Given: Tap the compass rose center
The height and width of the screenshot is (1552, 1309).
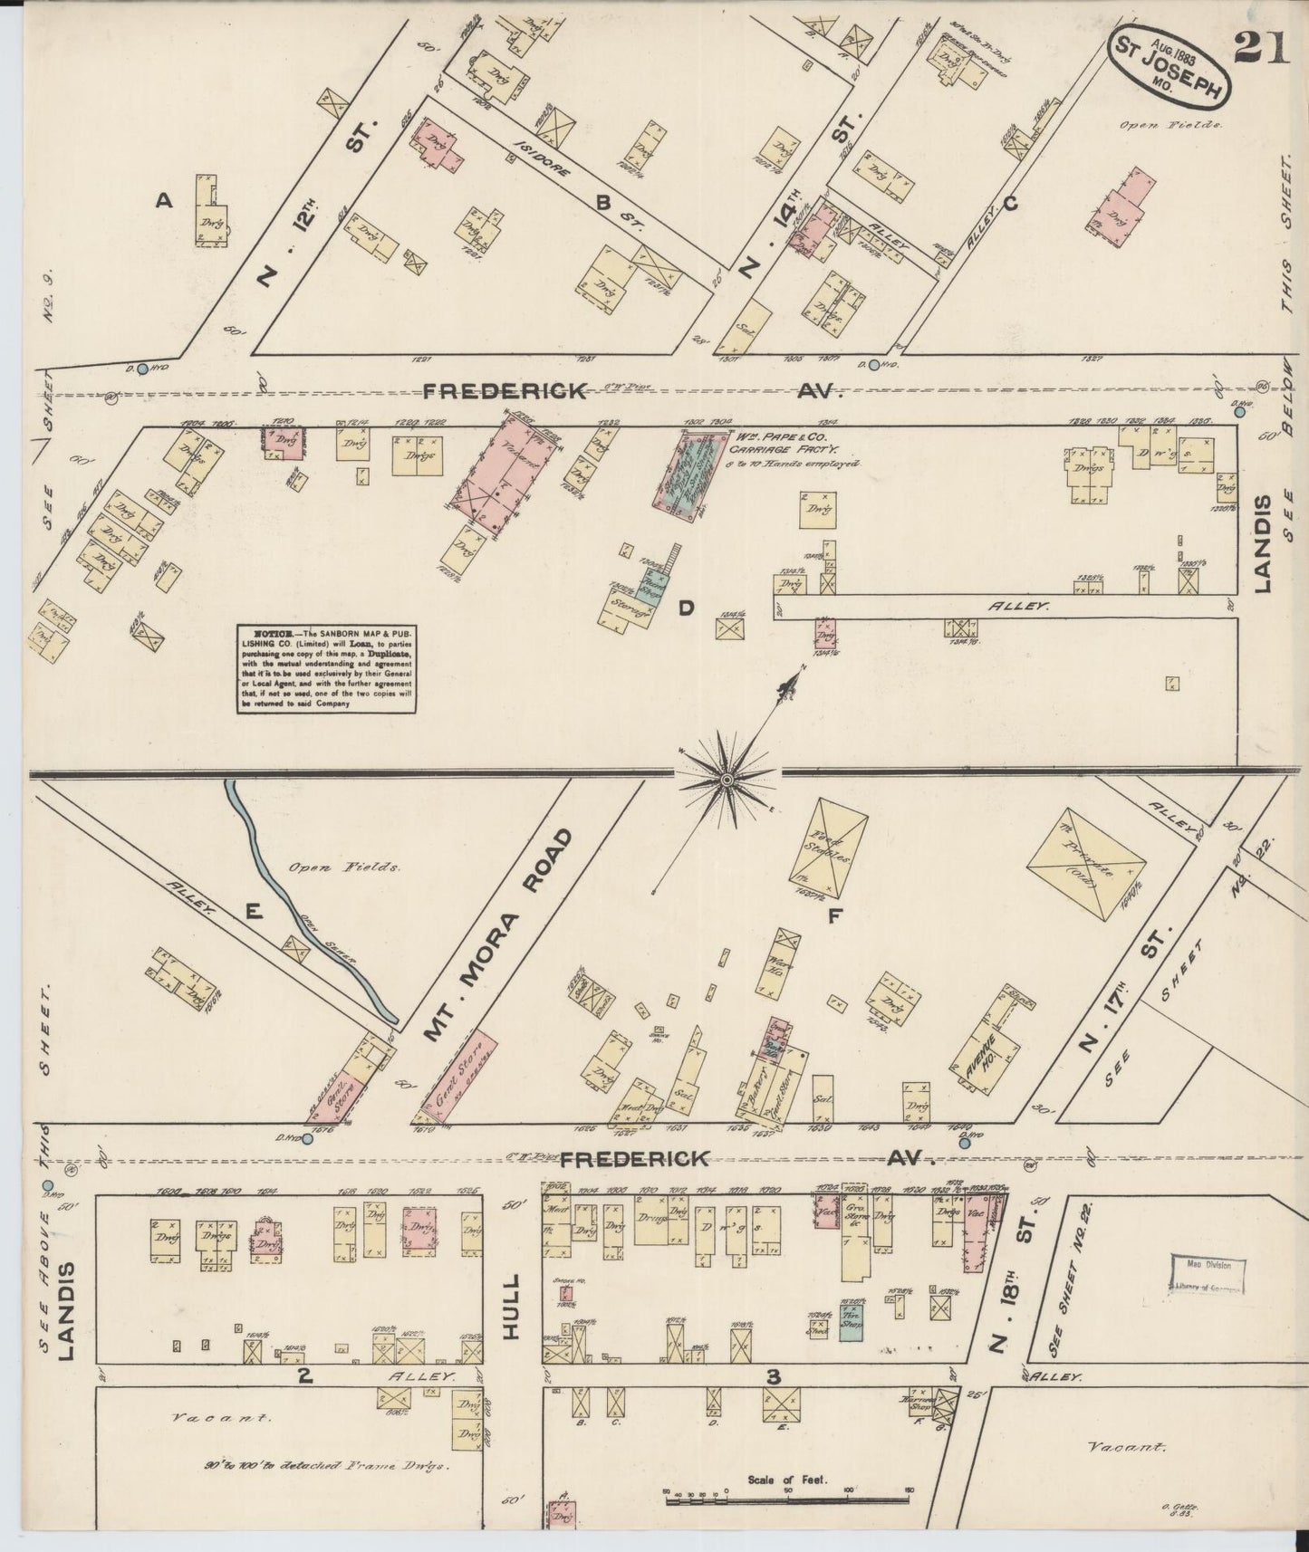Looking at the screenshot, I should coord(727,780).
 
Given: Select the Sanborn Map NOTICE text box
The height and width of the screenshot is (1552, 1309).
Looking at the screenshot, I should coord(327,668).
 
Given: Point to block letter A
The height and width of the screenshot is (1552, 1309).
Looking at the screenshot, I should coord(164,202).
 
